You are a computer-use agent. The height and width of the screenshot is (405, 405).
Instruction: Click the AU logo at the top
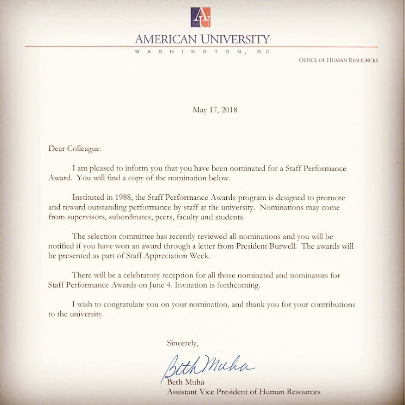coord(202,17)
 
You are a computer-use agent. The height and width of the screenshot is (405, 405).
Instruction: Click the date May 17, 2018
coord(215,110)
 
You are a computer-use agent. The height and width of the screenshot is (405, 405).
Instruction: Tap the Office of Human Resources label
coord(338,60)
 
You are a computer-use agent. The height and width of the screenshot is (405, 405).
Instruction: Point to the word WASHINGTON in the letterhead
coord(175,51)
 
